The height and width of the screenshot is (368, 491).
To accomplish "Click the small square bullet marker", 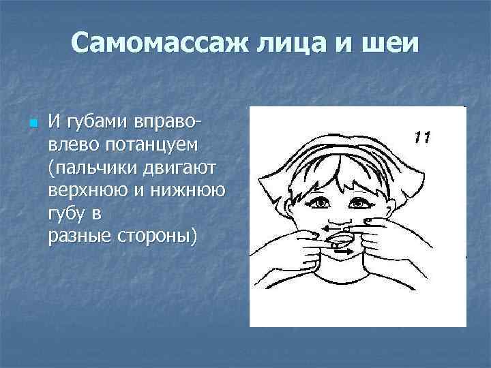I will click(x=31, y=125).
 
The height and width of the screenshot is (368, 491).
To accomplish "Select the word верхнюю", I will click(x=88, y=190).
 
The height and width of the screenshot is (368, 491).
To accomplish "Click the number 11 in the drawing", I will click(x=421, y=138).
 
